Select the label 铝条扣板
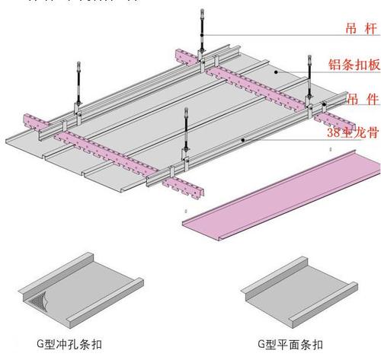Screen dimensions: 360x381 [354, 65]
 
